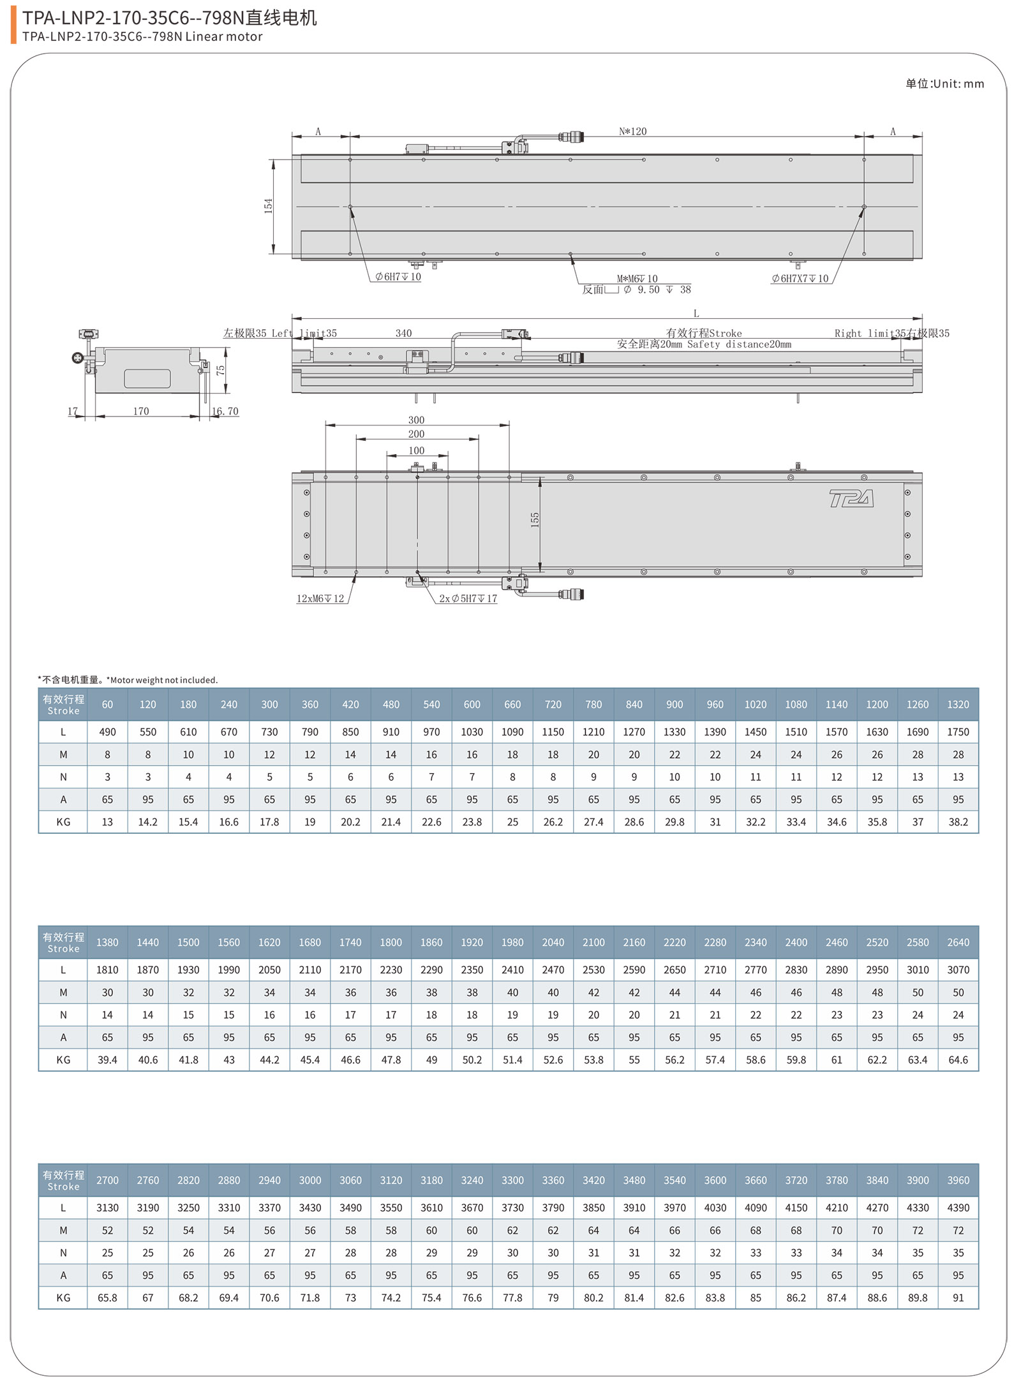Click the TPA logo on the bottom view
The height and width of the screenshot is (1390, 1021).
851,498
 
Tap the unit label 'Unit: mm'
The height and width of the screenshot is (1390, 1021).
958,84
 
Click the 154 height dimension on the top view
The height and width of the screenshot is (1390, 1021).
268,206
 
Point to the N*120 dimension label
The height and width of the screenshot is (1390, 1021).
632,131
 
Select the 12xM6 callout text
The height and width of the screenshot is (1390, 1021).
320,598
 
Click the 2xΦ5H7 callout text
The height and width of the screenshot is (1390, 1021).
468,598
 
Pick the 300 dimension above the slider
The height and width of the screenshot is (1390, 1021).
416,420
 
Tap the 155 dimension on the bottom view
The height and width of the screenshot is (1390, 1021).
535,520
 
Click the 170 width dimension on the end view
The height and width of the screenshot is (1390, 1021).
141,411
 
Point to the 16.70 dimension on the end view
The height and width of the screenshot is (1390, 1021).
225,411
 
